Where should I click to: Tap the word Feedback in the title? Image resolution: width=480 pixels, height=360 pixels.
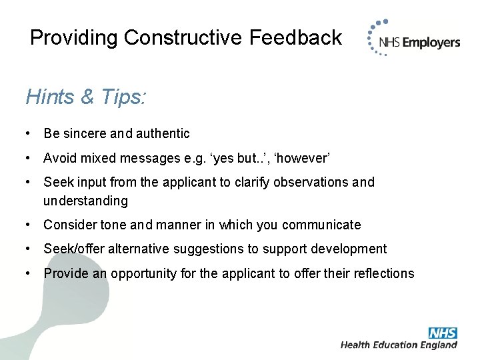(x=295, y=37)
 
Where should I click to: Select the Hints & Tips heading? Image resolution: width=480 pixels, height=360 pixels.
(x=86, y=97)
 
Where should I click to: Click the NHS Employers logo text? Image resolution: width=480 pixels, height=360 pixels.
(x=419, y=43)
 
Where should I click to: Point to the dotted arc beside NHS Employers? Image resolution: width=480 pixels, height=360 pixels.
(x=371, y=41)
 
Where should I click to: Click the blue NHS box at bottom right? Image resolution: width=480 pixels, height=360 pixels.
(x=443, y=332)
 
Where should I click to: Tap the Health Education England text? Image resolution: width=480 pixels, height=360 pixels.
(x=399, y=345)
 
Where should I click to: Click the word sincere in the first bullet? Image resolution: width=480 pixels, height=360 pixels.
(x=85, y=134)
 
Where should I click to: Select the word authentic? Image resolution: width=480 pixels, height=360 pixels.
(x=163, y=134)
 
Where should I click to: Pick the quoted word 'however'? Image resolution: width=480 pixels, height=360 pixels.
(x=303, y=158)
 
